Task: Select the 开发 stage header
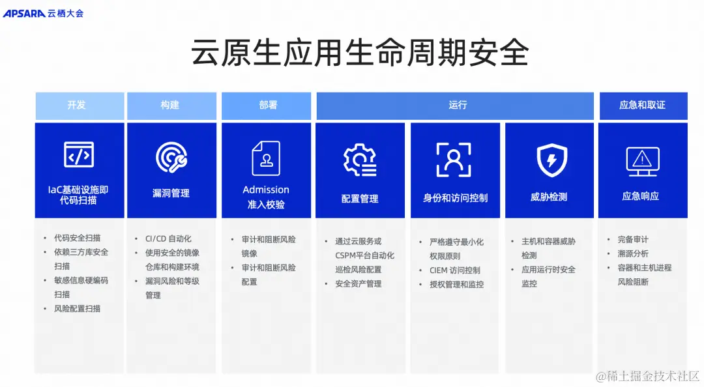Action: (76, 105)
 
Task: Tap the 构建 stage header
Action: (170, 105)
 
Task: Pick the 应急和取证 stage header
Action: (642, 105)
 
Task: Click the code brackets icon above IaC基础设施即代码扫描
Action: (79, 155)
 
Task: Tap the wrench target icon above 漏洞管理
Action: (171, 158)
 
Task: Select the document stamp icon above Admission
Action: (266, 158)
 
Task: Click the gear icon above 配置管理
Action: (360, 160)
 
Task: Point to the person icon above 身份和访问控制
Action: (454, 160)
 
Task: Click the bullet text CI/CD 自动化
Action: (168, 239)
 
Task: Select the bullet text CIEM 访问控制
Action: (454, 270)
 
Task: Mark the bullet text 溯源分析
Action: (632, 253)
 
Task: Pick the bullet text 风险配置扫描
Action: (77, 308)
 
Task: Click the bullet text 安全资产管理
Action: (358, 284)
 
